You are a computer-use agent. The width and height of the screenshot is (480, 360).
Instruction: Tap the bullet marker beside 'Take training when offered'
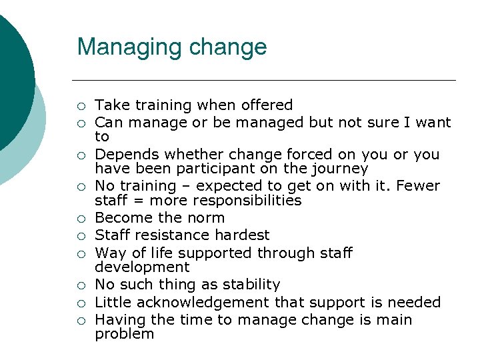[81, 105]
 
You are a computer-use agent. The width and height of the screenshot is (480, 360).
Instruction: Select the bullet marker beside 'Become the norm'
[81, 218]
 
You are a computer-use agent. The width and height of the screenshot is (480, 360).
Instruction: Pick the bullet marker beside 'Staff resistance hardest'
[81, 235]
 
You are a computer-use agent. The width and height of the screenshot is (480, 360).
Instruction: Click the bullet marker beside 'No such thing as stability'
[81, 285]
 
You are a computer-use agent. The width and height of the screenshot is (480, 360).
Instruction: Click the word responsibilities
[246, 201]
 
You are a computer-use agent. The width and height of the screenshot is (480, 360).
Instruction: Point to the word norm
[205, 218]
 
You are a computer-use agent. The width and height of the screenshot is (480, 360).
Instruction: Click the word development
[142, 267]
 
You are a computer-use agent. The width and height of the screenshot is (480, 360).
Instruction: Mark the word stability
[248, 285]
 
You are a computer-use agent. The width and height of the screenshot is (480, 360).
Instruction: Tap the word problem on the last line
[125, 334]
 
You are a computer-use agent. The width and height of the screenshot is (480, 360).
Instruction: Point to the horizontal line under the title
[266, 81]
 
